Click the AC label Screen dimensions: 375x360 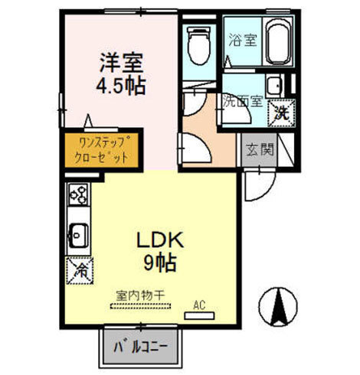tap(200, 305)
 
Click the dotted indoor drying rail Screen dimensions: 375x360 tap(142, 306)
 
